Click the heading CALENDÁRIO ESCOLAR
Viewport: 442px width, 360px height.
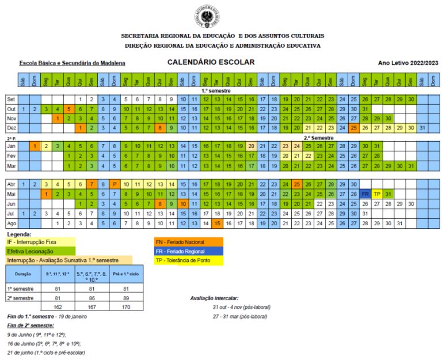coord(211,62)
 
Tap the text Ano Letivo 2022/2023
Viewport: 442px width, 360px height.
coord(407,63)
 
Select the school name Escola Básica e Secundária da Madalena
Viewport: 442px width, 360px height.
coord(73,63)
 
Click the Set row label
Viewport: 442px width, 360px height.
coord(12,99)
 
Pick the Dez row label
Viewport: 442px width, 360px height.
coord(12,127)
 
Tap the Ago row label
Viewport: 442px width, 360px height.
coord(12,223)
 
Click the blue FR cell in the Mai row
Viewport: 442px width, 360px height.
coord(365,194)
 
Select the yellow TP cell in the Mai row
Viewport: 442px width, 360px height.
coord(377,194)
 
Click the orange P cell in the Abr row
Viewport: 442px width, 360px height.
coord(115,184)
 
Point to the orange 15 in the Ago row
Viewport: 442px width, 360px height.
coord(217,223)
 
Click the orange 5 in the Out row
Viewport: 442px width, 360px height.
coord(68,109)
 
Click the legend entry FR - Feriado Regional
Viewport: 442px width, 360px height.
coord(188,252)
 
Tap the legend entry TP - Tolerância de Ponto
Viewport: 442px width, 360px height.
coord(188,261)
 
